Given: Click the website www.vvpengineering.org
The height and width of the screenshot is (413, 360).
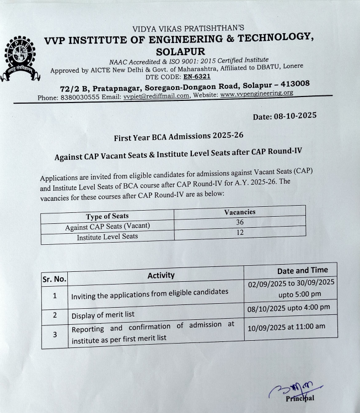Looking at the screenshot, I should point(256,94).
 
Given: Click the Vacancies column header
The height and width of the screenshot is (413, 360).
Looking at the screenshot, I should point(240,212).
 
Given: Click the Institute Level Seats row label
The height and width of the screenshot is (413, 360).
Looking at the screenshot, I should point(108,237).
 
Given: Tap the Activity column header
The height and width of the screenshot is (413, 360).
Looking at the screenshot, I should point(161,275).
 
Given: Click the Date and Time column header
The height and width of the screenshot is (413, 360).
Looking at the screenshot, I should point(302,270).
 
